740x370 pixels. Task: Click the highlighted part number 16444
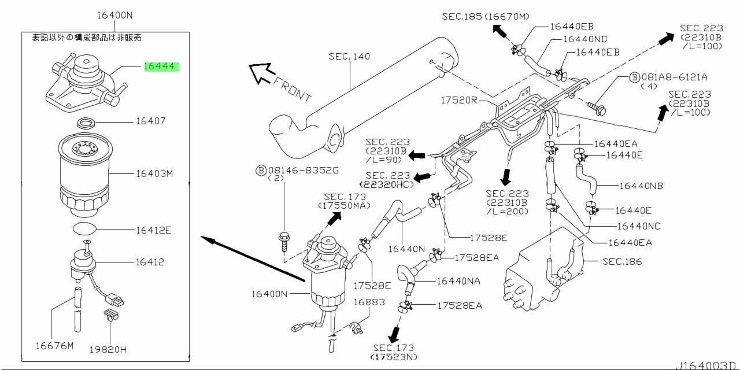pyautogui.click(x=159, y=66)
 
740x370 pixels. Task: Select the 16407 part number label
pyautogui.click(x=151, y=121)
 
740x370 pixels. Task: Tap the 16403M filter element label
pyautogui.click(x=154, y=173)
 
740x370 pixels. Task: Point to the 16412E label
pyautogui.click(x=154, y=230)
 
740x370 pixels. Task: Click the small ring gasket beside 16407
pyautogui.click(x=86, y=123)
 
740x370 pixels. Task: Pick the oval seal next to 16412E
pyautogui.click(x=84, y=229)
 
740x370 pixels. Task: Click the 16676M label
pyautogui.click(x=54, y=346)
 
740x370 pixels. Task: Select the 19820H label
pyautogui.click(x=108, y=349)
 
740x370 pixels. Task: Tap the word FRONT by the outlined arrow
pyautogui.click(x=293, y=90)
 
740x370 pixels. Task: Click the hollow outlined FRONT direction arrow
pyautogui.click(x=262, y=73)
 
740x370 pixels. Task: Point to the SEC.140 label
pyautogui.click(x=349, y=57)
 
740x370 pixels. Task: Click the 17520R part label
pyautogui.click(x=459, y=100)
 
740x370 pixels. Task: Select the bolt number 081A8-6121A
pyautogui.click(x=674, y=77)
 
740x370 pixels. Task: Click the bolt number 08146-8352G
pyautogui.click(x=304, y=171)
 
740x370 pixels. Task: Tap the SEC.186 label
pyautogui.click(x=622, y=262)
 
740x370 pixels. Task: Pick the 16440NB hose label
pyautogui.click(x=641, y=186)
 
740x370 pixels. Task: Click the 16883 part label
pyautogui.click(x=369, y=302)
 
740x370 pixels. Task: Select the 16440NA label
pyautogui.click(x=458, y=281)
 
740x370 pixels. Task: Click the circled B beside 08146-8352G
pyautogui.click(x=261, y=171)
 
